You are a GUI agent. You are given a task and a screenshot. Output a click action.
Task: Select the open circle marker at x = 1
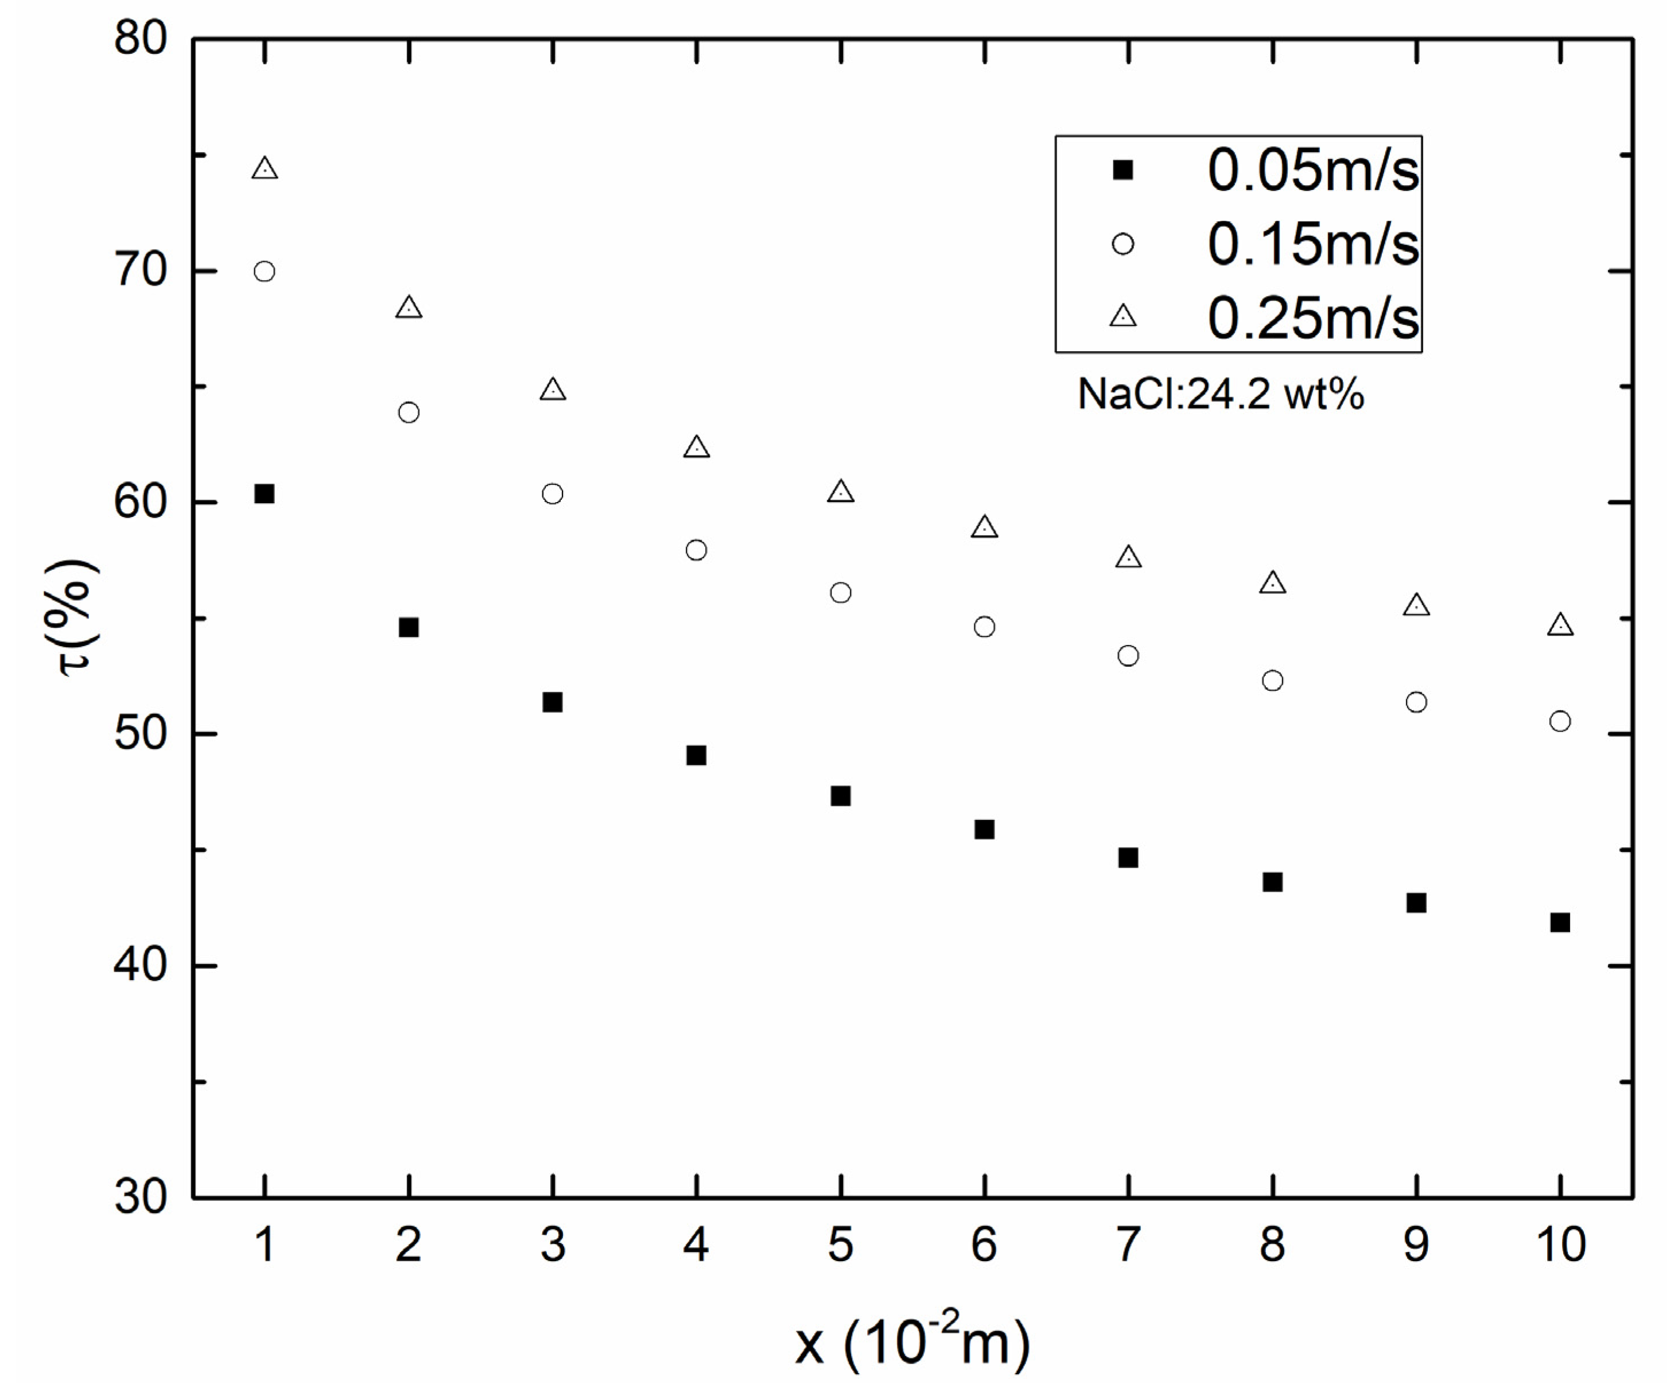click(x=265, y=272)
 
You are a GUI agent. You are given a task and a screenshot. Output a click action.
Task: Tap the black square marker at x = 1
click(x=265, y=494)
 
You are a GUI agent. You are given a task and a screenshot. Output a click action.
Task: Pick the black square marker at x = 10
click(x=1560, y=923)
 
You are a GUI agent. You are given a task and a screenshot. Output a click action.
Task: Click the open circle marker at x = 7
click(x=1128, y=656)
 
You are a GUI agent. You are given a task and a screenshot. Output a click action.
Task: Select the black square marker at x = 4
click(x=696, y=755)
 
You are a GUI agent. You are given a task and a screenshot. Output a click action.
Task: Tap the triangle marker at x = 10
click(x=1560, y=625)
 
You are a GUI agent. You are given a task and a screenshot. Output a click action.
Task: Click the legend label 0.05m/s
click(x=1313, y=170)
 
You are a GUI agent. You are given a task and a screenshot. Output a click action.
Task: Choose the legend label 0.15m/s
click(x=1313, y=244)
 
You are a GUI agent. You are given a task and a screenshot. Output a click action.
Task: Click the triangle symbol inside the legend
click(x=1124, y=316)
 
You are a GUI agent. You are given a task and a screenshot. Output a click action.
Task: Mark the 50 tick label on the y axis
click(x=141, y=733)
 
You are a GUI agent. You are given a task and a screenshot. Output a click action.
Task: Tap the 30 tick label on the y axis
click(x=141, y=1196)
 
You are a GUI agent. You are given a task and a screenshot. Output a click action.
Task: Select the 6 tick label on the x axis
click(x=984, y=1244)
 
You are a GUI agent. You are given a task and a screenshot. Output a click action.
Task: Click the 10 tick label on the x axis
click(x=1560, y=1244)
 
